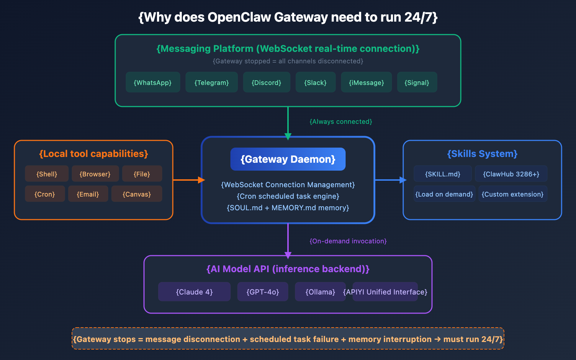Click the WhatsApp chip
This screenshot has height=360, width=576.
click(x=153, y=82)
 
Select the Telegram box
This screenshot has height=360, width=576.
click(x=211, y=82)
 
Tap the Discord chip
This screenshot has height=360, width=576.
click(x=266, y=82)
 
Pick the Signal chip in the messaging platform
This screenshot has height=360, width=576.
click(x=417, y=82)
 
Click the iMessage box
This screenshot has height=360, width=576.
click(x=366, y=82)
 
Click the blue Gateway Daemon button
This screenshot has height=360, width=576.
click(x=288, y=159)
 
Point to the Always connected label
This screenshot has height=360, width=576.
click(x=341, y=122)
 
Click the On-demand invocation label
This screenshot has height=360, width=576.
click(x=348, y=241)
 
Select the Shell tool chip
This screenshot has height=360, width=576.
click(x=46, y=174)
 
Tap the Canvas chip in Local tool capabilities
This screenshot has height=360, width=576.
click(x=136, y=194)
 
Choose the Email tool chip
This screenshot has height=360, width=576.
click(x=88, y=194)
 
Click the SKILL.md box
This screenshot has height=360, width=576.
click(x=442, y=174)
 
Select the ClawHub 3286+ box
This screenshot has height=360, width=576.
click(x=511, y=174)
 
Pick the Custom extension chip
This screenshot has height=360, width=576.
click(x=512, y=194)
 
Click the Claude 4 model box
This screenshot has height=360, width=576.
click(x=194, y=292)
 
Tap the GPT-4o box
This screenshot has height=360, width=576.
click(x=262, y=292)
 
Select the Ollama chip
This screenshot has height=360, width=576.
click(x=320, y=292)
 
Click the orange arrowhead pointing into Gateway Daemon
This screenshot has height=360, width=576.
click(x=201, y=180)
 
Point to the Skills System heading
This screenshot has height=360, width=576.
click(x=482, y=154)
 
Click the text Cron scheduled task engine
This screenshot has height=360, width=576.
click(x=288, y=196)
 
